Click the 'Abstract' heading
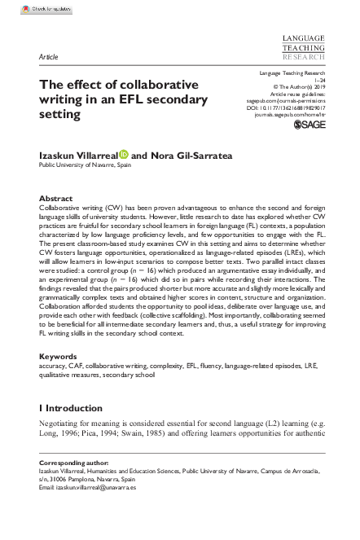tap(56, 198)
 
